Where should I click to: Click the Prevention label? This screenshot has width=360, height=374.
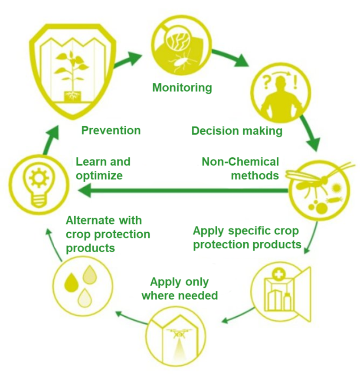point(111,130)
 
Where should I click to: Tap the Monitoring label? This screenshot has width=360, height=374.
point(182,88)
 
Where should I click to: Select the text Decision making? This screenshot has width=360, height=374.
point(237,130)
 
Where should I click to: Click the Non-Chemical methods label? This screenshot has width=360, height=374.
point(240,169)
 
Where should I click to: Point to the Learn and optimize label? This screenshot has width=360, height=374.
point(103,169)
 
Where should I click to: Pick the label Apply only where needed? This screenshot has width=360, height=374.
point(180,289)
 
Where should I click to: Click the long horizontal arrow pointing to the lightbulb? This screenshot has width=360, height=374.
point(182,189)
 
